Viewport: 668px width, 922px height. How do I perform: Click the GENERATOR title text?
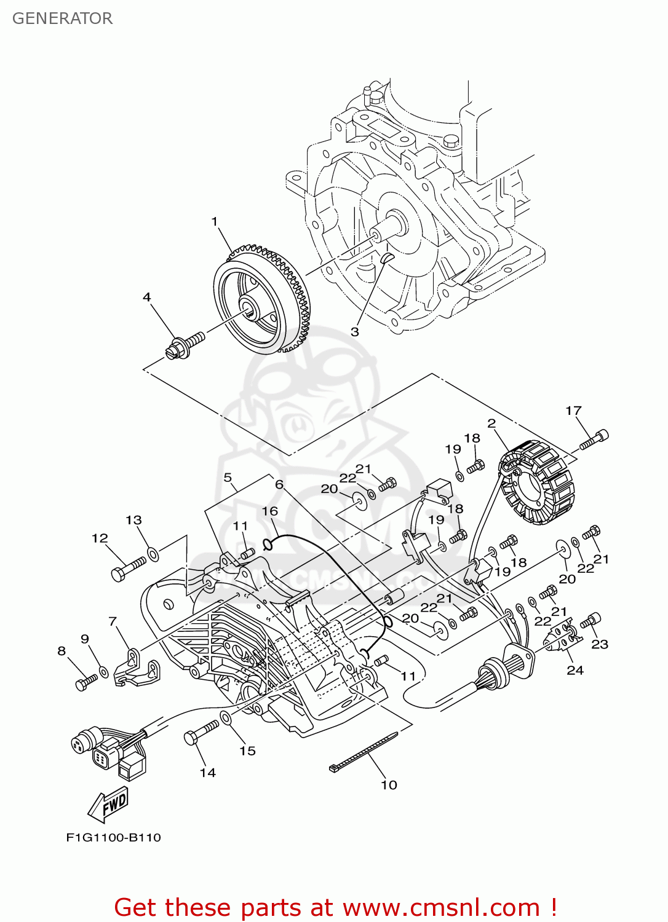[62, 18]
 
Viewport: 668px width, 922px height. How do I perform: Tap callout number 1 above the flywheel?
[215, 221]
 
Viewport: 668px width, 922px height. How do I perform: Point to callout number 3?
[355, 332]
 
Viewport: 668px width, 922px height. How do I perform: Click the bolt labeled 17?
[594, 440]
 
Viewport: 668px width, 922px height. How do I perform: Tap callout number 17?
[573, 411]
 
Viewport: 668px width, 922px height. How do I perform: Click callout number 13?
[133, 520]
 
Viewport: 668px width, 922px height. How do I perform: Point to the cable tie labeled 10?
[363, 751]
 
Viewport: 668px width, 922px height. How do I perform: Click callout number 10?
[389, 785]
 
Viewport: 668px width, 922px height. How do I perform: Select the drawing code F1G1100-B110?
[113, 837]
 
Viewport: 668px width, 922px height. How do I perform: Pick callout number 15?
[247, 751]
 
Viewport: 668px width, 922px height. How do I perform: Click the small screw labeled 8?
[86, 682]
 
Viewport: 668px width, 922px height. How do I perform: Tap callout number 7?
[113, 621]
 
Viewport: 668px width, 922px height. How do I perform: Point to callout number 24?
[575, 670]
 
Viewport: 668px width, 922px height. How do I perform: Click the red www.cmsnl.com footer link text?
[440, 908]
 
